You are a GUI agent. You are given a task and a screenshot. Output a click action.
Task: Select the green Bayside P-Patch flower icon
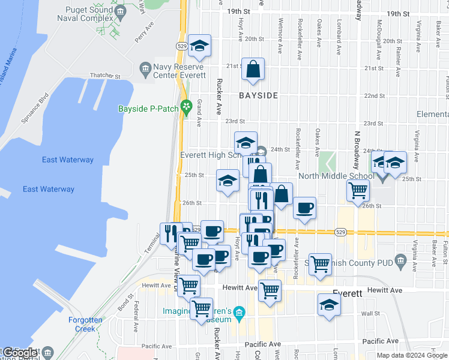click(187, 107)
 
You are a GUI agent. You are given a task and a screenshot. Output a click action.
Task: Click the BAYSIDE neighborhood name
click(258, 95)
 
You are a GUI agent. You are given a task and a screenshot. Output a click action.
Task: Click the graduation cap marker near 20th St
click(199, 46)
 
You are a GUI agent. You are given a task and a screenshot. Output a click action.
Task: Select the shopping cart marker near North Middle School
click(358, 191)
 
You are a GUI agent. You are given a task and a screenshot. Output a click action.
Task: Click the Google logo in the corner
click(19, 353)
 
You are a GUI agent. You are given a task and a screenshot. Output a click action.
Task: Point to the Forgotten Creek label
click(85, 324)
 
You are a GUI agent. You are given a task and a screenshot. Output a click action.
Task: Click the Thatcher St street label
click(105, 77)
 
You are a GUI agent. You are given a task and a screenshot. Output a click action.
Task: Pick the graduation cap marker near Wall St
click(329, 305)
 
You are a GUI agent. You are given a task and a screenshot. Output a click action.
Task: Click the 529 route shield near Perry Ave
click(181, 46)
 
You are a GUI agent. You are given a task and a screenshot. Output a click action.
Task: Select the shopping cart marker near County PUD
click(321, 264)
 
